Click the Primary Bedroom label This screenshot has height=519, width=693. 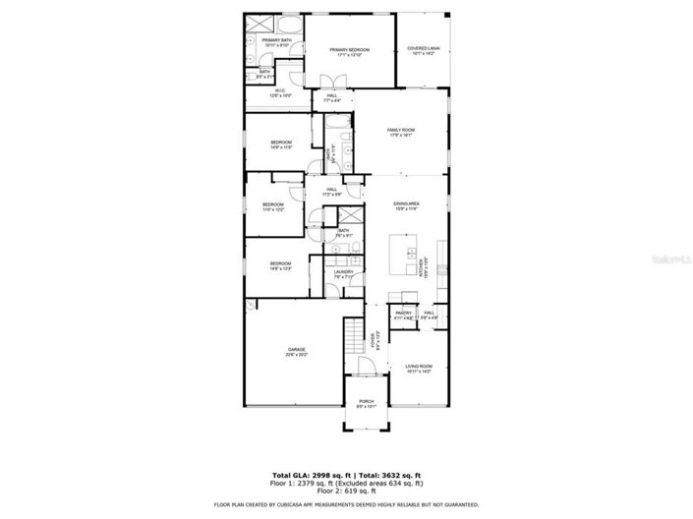point(349,52)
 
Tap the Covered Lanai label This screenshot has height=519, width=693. point(423,52)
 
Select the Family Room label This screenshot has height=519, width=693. point(400,133)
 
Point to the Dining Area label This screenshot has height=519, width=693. point(406,206)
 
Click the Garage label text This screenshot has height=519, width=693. point(296,352)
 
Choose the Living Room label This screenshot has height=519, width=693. point(419,369)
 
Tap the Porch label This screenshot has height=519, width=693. point(366,404)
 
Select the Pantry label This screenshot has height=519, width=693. point(403,316)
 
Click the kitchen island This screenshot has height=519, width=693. point(402,256)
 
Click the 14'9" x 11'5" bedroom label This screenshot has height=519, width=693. point(281,144)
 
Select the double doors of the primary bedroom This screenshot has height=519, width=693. point(332,83)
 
